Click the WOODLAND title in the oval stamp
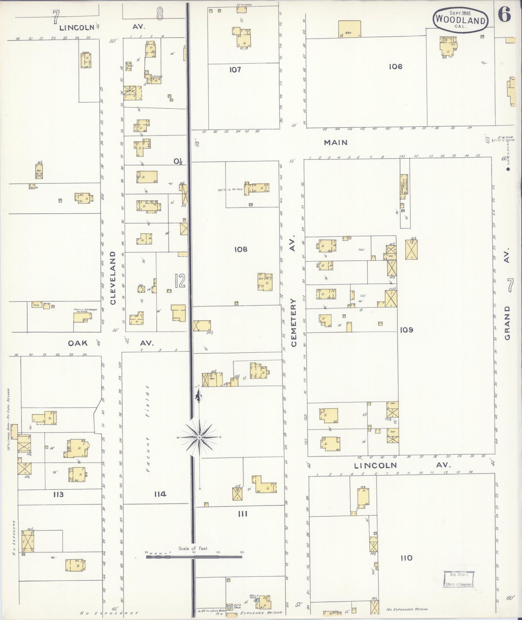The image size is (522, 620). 460,20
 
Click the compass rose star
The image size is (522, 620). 199,437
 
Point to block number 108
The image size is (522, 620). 241,249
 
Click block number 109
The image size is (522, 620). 406,330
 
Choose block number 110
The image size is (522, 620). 406,558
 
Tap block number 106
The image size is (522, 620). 396,67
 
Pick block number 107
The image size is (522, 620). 235,69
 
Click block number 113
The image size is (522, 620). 58,494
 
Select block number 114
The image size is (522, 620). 160,494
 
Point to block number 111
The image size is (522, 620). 243,514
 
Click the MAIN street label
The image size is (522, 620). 336,143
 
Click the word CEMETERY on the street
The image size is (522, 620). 293,322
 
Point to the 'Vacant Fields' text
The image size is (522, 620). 148,429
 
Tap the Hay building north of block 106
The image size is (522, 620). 349,29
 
